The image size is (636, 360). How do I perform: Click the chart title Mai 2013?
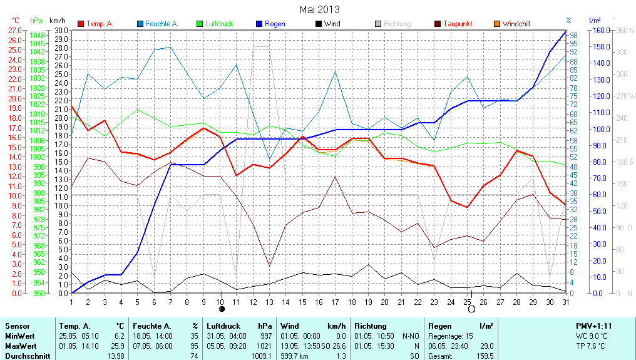click(319, 9)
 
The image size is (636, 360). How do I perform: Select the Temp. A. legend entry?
click(100, 24)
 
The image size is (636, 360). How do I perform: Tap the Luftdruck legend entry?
click(218, 24)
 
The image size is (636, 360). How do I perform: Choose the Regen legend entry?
click(275, 24)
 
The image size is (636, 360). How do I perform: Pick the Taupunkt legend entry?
click(457, 24)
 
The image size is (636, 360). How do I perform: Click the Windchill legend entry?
click(516, 24)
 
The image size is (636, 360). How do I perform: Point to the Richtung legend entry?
click(397, 24)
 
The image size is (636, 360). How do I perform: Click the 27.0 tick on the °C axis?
click(15, 30)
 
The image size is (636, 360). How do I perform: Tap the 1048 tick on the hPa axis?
click(37, 35)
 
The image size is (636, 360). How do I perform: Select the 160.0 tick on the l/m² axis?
click(601, 30)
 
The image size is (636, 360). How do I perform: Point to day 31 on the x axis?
click(565, 302)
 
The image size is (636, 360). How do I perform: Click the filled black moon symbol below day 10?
click(221, 309)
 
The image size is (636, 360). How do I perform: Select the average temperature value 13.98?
click(116, 355)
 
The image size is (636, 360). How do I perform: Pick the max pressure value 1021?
click(264, 346)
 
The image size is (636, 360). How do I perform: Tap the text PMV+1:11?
click(594, 326)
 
